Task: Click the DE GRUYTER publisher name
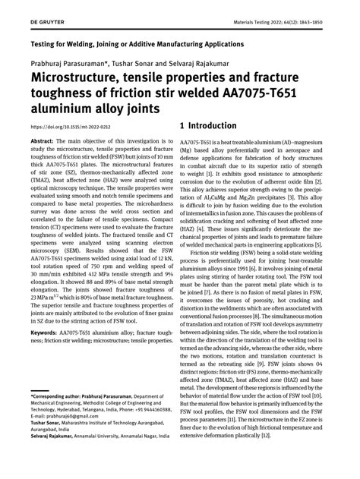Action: [x=25, y=9]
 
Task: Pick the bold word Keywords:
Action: [x=46, y=332]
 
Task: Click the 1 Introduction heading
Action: [x=214, y=124]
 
